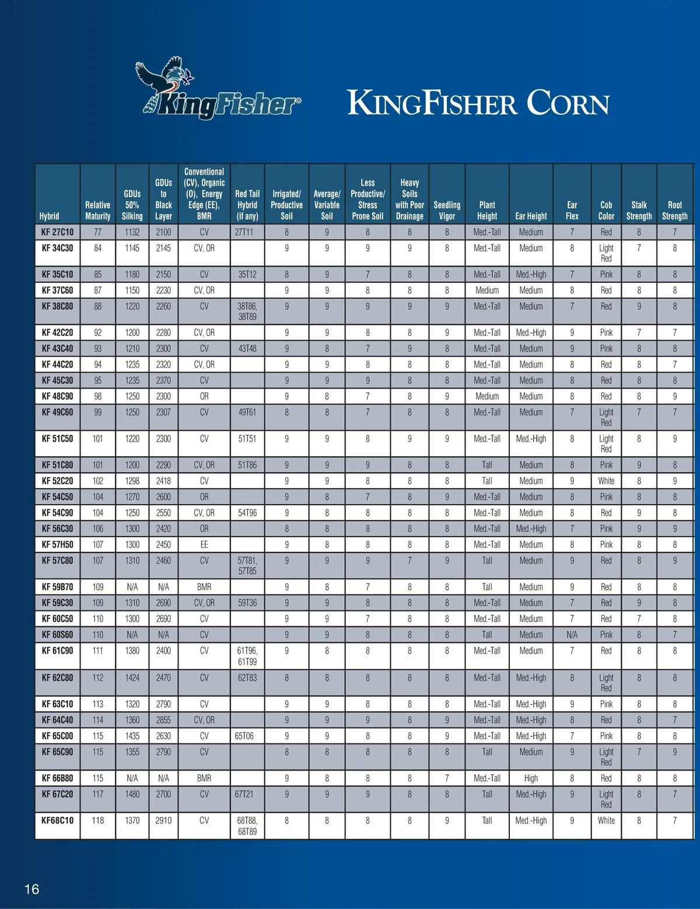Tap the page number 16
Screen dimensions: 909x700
pos(32,889)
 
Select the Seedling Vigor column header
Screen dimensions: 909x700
pos(447,210)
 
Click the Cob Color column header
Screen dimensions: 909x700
pos(606,210)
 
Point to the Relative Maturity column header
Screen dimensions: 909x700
pos(97,210)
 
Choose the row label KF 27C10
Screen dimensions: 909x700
pos(57,232)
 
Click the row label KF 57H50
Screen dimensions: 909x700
pos(57,544)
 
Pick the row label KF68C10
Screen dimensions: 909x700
pos(57,820)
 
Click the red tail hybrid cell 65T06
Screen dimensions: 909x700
pos(244,736)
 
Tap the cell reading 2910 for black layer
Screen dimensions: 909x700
pos(163,820)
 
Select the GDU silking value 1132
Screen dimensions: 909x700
pos(132,232)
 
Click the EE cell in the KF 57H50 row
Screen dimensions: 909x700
pos(204,544)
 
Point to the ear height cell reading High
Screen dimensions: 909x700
pos(531,778)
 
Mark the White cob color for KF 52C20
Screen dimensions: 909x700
pos(606,481)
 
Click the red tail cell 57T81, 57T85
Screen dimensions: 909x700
pos(247,565)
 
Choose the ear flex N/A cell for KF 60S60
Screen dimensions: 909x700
pos(572,634)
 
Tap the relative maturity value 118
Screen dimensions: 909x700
pos(97,820)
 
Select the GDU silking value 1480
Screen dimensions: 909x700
pos(132,793)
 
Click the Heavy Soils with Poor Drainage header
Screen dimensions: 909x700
pos(409,199)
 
